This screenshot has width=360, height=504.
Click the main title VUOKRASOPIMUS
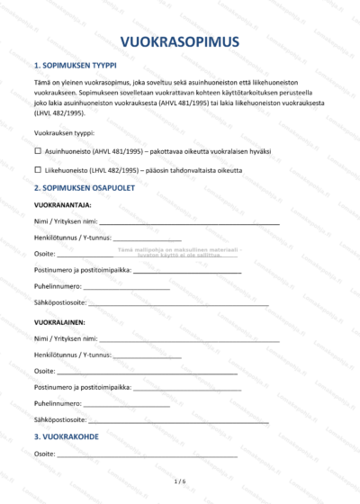click(180, 41)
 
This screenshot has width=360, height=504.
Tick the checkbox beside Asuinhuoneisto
click(38, 152)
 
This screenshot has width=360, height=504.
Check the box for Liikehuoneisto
click(38, 169)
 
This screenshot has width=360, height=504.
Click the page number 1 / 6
click(180, 482)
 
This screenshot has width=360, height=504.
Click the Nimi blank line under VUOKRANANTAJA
click(189, 222)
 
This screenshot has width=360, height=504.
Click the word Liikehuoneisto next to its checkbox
click(66, 169)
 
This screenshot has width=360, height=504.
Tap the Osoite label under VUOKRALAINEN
click(45, 371)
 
